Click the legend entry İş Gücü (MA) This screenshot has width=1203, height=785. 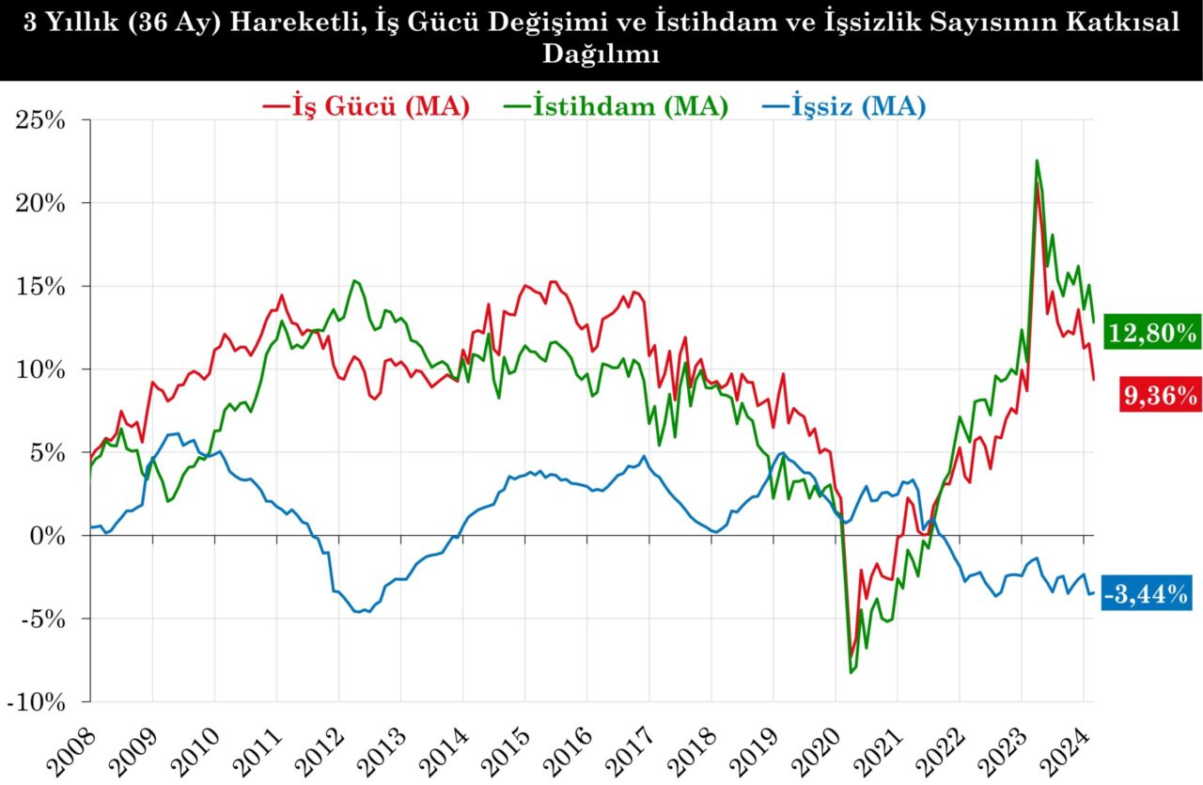[x=367, y=106]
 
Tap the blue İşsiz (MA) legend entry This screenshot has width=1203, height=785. [x=841, y=106]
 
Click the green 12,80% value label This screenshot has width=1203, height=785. [x=1152, y=332]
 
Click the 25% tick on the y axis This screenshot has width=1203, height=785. [x=39, y=120]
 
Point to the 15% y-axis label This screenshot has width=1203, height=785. [x=39, y=287]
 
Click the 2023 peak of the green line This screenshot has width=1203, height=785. [x=1037, y=161]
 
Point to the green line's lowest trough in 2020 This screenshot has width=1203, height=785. [x=851, y=672]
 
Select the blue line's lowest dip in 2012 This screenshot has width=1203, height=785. [x=363, y=612]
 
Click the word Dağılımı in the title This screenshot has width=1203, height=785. [x=601, y=55]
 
